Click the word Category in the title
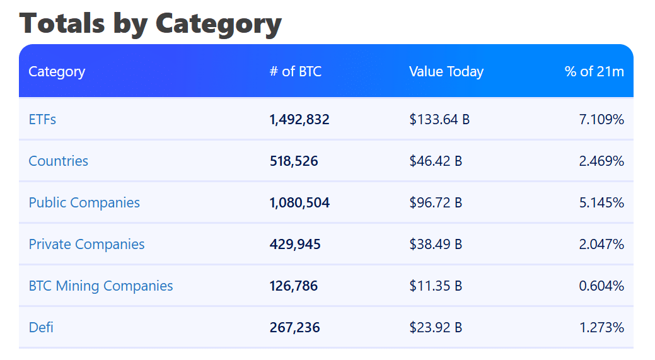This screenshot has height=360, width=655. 218,23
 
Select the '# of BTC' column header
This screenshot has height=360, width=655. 295,71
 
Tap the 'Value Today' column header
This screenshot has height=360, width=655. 446,71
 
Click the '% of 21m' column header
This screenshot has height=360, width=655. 594,71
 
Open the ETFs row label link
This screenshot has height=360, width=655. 42,119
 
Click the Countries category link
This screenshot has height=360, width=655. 58,161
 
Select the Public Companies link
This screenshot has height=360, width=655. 84,202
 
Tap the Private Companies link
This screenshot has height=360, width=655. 86,244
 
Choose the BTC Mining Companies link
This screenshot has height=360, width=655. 100,286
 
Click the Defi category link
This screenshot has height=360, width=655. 42,327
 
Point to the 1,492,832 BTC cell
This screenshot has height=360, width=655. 299,119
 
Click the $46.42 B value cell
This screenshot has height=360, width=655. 435,161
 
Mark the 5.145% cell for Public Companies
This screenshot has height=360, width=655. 601,202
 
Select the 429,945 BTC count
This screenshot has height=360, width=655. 294,244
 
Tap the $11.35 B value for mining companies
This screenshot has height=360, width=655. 435,286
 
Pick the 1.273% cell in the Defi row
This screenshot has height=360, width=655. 601,327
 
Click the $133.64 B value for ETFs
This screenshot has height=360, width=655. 439,119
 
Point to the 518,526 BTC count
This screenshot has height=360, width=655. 293,161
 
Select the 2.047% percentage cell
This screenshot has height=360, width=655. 601,244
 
